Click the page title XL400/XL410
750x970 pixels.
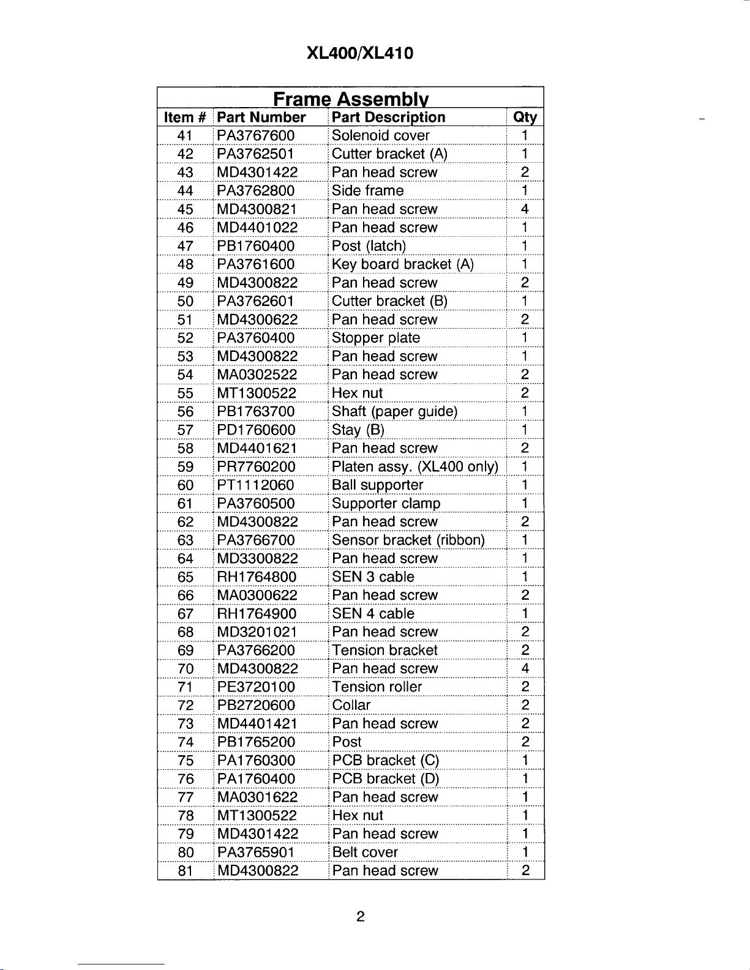click(359, 53)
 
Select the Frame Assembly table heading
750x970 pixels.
click(350, 99)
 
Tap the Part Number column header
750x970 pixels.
click(261, 118)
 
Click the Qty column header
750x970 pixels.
click(525, 118)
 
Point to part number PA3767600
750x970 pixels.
click(255, 136)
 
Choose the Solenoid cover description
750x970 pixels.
click(380, 136)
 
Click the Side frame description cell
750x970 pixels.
click(367, 191)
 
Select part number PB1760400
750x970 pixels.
click(255, 246)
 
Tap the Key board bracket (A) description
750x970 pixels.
click(402, 264)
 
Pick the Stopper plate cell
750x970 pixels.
click(375, 338)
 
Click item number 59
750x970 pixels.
click(185, 467)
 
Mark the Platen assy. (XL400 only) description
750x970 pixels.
click(414, 467)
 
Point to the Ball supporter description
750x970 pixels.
click(377, 485)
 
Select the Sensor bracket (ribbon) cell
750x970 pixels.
click(408, 540)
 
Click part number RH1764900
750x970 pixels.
click(257, 614)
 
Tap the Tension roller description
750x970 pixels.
click(377, 687)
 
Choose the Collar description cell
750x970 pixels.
click(351, 706)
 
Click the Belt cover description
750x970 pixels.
click(365, 852)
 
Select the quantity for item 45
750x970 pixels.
click(525, 209)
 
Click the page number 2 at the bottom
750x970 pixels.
click(361, 916)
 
